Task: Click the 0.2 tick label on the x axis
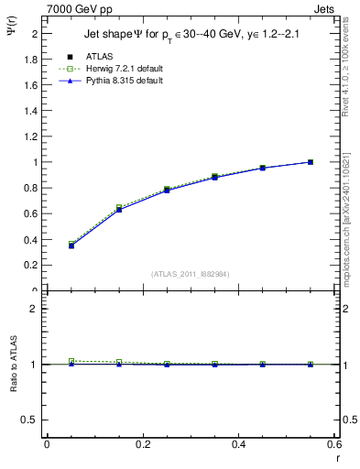[142, 444]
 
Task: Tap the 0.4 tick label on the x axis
[238, 444]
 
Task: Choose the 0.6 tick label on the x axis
[333, 444]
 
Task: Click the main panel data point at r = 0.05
[71, 245]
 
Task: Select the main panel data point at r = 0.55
[311, 162]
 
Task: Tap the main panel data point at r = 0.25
[167, 190]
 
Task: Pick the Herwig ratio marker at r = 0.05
[71, 361]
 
